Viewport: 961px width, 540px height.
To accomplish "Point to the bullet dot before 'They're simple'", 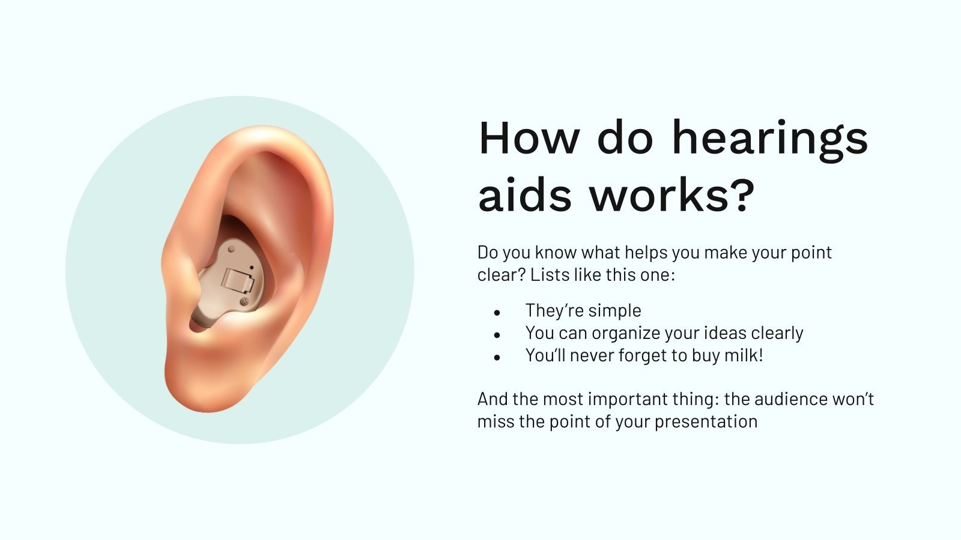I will point(497,313).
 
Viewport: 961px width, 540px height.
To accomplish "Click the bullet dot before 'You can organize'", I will point(497,335).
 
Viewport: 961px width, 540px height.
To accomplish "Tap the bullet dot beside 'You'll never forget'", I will point(497,357).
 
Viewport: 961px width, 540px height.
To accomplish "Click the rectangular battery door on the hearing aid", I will point(235,280).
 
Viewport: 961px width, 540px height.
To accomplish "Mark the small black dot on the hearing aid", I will point(252,267).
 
